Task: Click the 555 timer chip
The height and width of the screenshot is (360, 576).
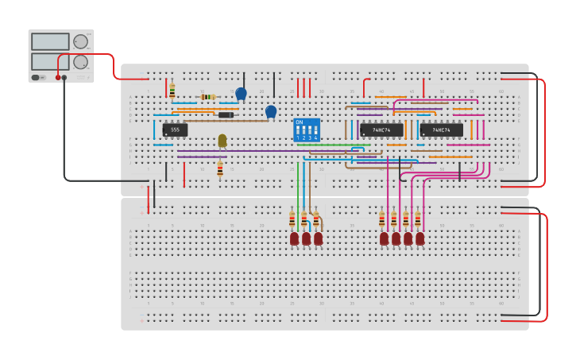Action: coord(175,130)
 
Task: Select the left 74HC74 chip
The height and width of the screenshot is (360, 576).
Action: coord(381,130)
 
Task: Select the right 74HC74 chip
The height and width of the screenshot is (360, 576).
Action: coord(441,130)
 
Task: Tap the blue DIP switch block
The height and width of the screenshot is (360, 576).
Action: coord(307,130)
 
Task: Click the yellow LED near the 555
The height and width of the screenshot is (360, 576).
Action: coord(222,141)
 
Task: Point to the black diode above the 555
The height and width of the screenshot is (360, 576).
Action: coord(226,115)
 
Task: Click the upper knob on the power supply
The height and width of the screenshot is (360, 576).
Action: coord(80,42)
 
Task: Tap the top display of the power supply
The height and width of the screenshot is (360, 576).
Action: coord(50,41)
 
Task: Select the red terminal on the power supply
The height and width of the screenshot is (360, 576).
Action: coord(57,78)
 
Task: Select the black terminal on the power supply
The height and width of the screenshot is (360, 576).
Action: coord(65,78)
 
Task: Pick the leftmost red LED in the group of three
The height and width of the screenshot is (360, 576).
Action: coord(294,238)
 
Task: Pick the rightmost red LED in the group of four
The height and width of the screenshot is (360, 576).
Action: coord(419,238)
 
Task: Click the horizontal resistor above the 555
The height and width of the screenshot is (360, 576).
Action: coord(207,97)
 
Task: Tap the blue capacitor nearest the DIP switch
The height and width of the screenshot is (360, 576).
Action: coord(271,111)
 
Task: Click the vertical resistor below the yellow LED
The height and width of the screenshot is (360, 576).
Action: coord(220,168)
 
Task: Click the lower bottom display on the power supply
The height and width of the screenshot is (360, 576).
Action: coord(50,61)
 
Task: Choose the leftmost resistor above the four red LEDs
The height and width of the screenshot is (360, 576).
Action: coord(382,219)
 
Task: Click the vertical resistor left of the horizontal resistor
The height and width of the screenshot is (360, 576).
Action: coord(172,91)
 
